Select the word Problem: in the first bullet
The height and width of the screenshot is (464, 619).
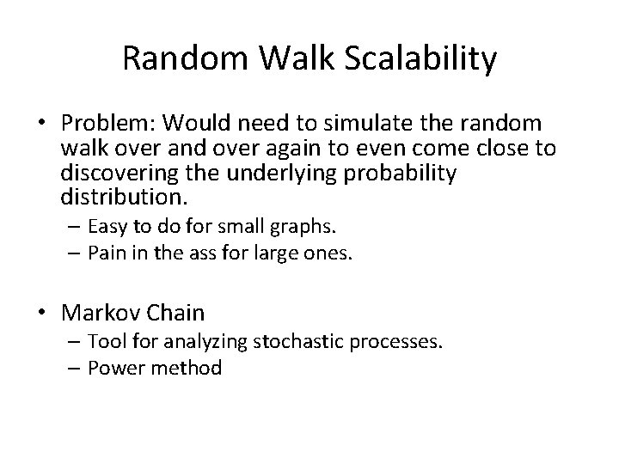[x=120, y=125]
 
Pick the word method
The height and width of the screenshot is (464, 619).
[x=191, y=368]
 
